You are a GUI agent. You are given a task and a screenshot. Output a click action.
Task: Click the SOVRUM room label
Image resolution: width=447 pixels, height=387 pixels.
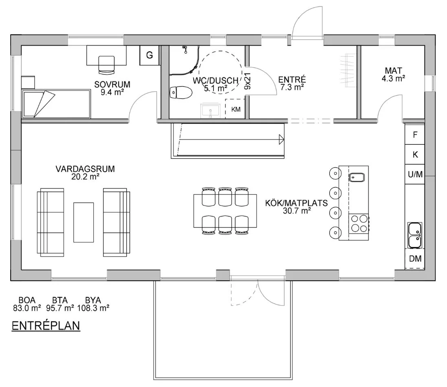pos(112,84)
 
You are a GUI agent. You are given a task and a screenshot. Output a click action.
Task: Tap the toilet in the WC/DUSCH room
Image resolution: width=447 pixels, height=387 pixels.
pos(181,92)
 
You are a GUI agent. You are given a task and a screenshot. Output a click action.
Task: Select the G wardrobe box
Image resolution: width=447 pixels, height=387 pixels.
pos(150,55)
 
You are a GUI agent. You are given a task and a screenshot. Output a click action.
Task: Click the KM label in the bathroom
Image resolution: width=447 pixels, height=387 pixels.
pos(236,109)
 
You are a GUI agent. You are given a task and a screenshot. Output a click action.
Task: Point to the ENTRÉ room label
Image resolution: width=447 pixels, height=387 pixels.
pos(292,79)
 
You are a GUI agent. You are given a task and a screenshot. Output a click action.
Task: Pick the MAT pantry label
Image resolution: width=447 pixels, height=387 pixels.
pos(393,70)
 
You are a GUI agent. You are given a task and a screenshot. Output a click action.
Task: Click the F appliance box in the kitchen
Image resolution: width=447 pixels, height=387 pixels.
pos(415,134)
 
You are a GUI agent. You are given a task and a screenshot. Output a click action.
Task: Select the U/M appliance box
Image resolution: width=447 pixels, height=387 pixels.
pos(415,174)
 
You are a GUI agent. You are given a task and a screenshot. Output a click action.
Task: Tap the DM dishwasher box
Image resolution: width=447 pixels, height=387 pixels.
pos(415,258)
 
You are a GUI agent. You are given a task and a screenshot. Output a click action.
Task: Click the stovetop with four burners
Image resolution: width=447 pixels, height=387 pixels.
pos(359,223)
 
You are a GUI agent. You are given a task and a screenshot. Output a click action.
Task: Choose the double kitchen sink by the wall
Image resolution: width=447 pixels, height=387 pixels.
pos(414,235)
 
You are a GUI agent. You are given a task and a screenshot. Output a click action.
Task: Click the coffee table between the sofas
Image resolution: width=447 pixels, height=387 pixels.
pos(84,223)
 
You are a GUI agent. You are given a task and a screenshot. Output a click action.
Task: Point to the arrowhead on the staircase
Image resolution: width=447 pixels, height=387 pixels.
pos(282,140)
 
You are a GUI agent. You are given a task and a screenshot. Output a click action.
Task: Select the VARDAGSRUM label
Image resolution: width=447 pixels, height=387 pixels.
pos(85,169)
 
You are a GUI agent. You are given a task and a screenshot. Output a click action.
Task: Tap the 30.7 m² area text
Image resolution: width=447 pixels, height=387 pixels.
pos(297,211)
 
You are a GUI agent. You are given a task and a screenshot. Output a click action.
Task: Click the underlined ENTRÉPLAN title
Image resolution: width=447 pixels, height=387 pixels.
pos(46,326)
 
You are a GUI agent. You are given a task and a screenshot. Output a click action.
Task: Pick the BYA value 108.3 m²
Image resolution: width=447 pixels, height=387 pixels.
pos(93,308)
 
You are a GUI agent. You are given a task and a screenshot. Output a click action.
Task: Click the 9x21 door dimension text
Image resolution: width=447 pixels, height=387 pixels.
pos(247,81)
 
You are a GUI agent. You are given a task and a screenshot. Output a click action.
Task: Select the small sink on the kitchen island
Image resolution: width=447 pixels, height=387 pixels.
pos(357,177)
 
